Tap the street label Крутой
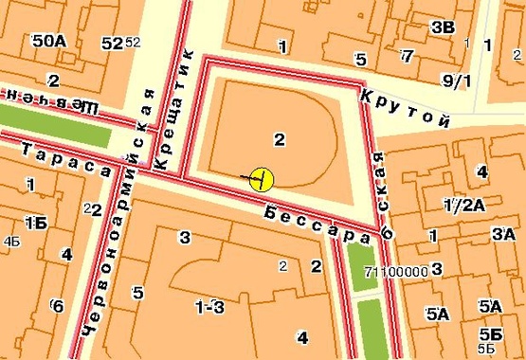tap(403, 107)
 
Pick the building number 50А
tap(48, 42)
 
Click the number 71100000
tap(395, 271)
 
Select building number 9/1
tap(456, 81)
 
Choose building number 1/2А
tap(464, 205)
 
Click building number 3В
tap(443, 26)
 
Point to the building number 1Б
tap(35, 223)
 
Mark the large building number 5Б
tap(490, 333)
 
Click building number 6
tap(58, 305)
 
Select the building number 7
tap(407, 56)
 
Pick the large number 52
tap(112, 44)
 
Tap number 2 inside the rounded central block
tap(279, 140)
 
